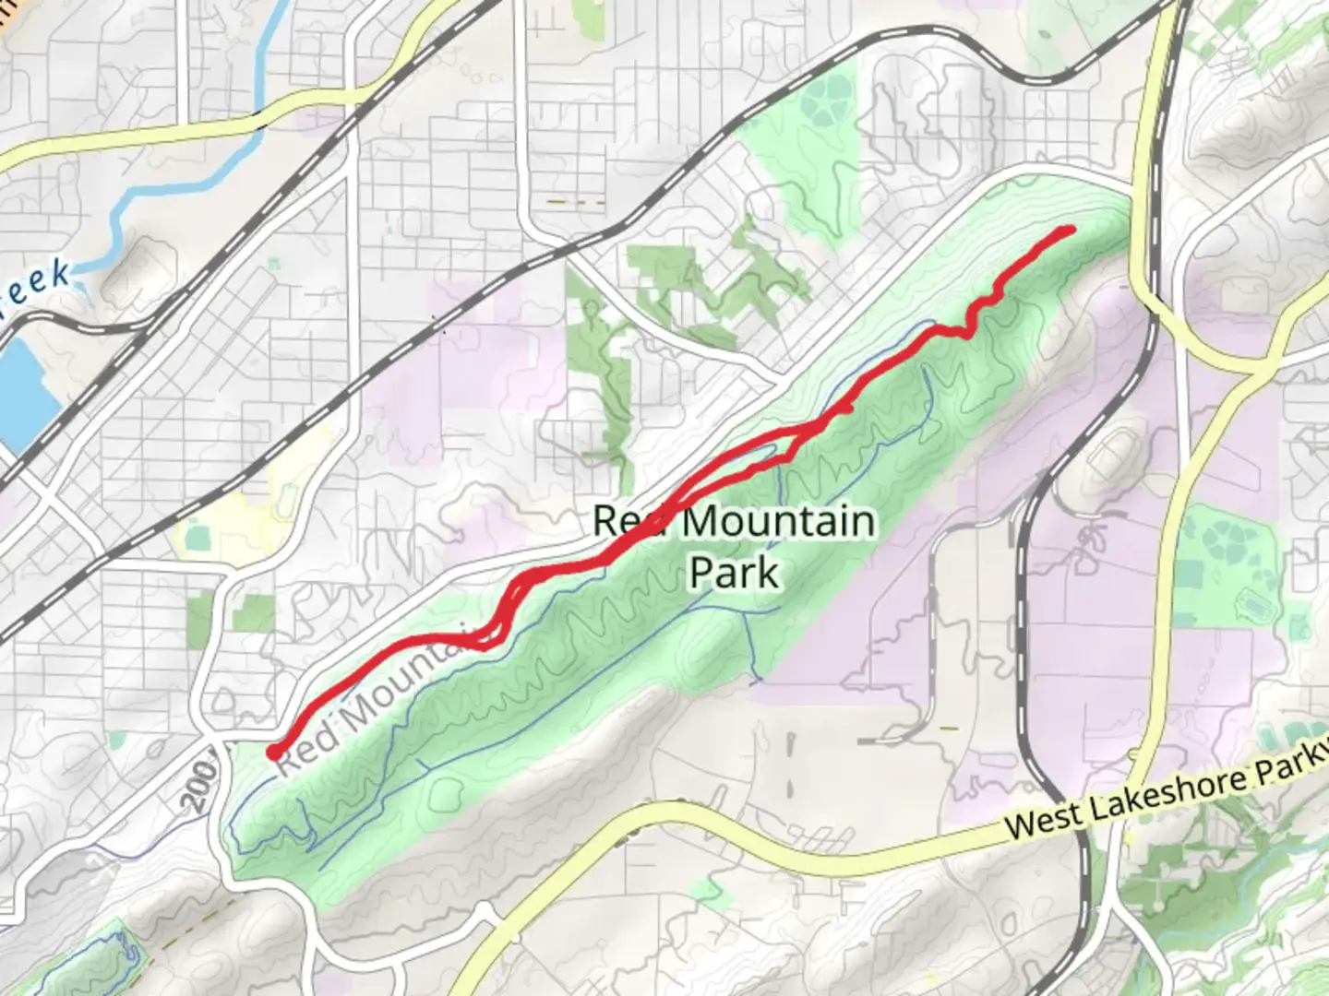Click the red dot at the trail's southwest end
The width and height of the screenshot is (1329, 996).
[274, 753]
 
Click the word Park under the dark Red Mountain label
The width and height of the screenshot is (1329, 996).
[734, 573]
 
